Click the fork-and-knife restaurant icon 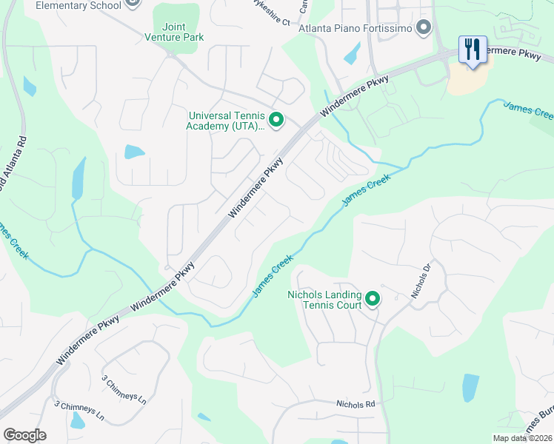pyautogui.click(x=472, y=50)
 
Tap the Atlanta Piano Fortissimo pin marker pyautogui.click(x=424, y=28)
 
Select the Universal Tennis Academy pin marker pyautogui.click(x=276, y=119)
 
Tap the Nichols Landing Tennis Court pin pyautogui.click(x=372, y=299)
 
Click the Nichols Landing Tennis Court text pyautogui.click(x=324, y=299)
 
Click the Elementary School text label pyautogui.click(x=78, y=5)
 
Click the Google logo pyautogui.click(x=24, y=435)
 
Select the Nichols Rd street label pyautogui.click(x=356, y=405)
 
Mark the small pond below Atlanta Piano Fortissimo pyautogui.click(x=353, y=53)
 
